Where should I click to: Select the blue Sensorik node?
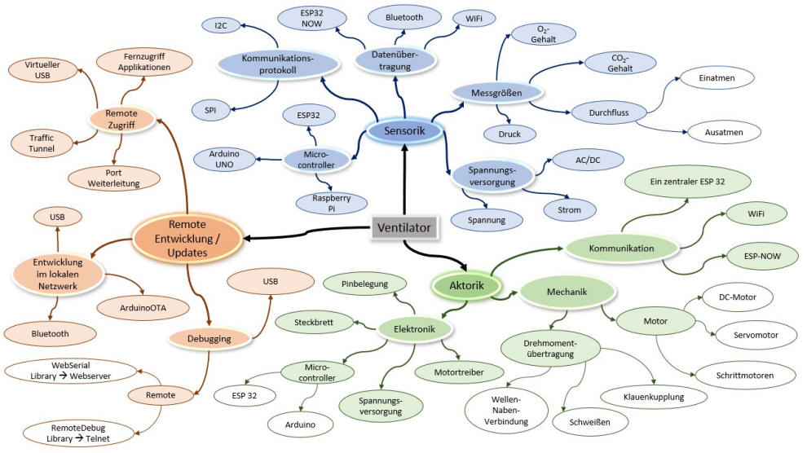pos(403,130)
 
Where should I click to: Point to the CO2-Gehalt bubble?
pos(609,63)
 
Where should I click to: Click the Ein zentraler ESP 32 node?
pos(686,181)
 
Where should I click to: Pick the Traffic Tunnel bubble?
pos(42,143)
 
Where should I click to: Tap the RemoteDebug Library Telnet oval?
pos(67,433)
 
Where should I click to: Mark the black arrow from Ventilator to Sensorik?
pos(404,179)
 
